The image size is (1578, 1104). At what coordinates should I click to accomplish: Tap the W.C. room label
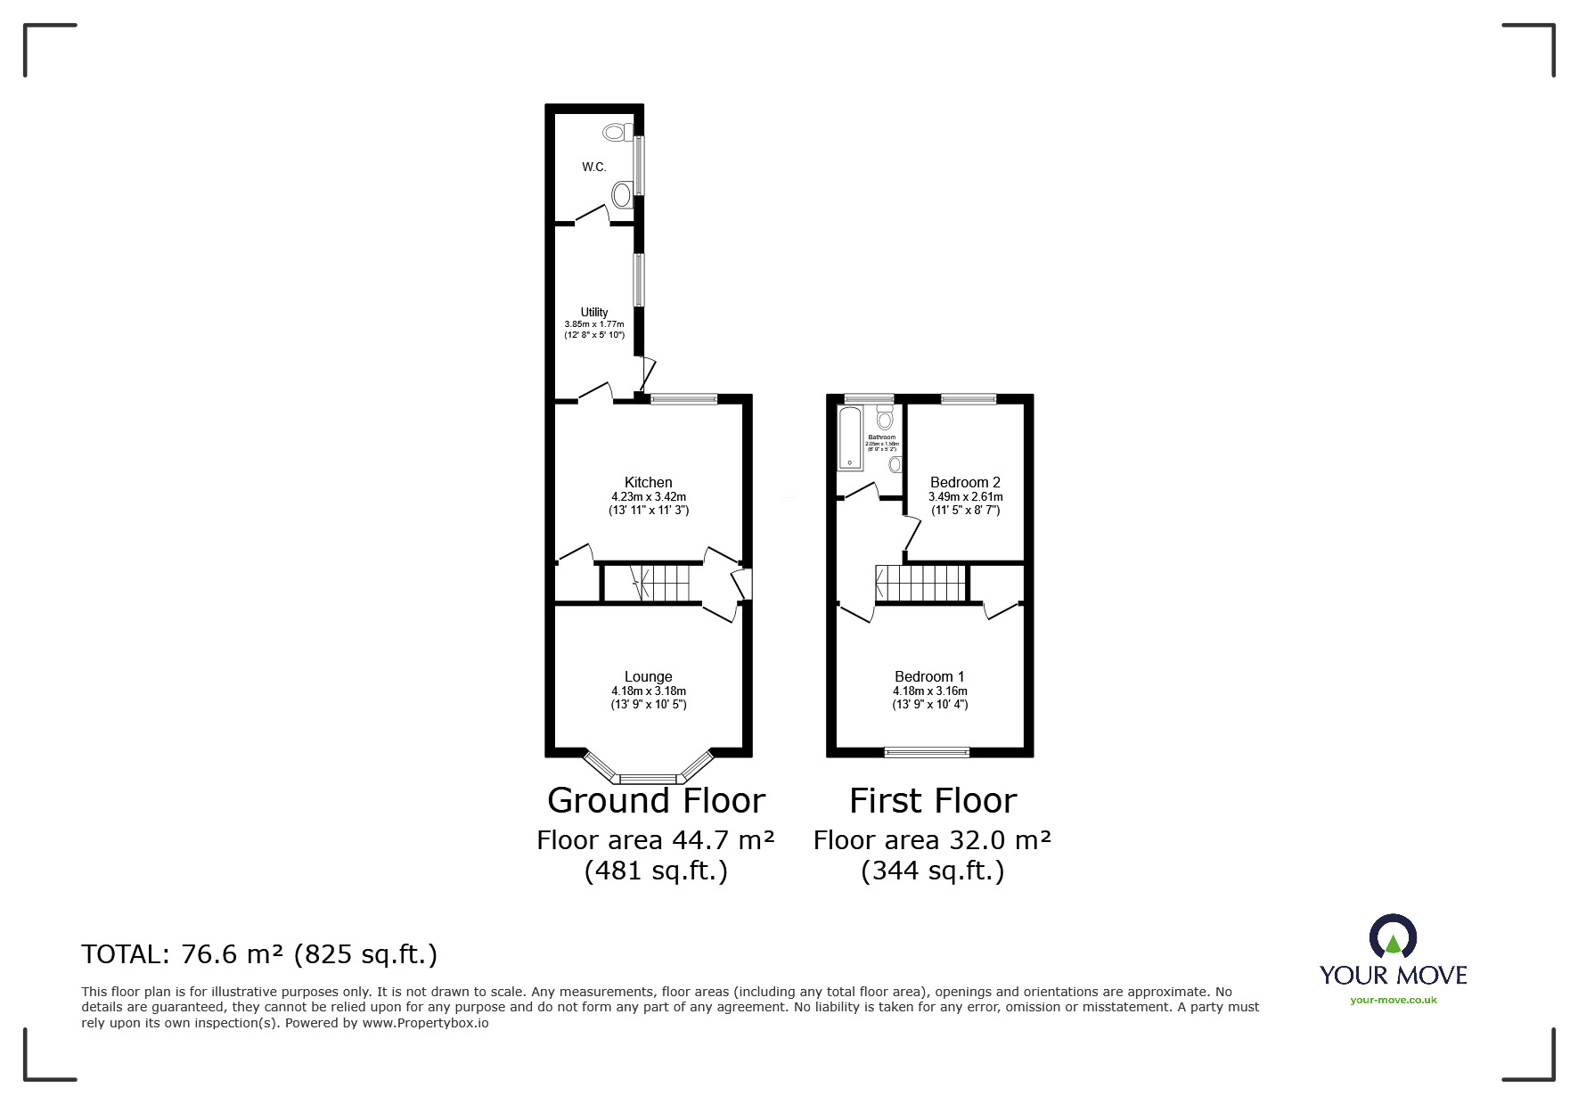coord(594,168)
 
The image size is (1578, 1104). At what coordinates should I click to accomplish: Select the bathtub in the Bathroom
coord(850,438)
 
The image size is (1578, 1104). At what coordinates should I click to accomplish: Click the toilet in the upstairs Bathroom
coord(885,417)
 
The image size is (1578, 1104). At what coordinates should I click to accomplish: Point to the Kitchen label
coord(648,483)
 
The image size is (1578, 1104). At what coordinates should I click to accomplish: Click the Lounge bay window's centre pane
coord(649,779)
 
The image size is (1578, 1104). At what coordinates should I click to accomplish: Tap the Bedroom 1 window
coord(927,752)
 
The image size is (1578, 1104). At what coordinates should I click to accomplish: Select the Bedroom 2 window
coord(969,399)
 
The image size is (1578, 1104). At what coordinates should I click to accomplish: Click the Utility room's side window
coord(639,280)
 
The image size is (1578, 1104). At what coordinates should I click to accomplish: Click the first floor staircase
coord(922,584)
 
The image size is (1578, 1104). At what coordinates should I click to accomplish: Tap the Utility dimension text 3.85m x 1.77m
coord(594,324)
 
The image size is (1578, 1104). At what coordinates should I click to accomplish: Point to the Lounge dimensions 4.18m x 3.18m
coord(649,691)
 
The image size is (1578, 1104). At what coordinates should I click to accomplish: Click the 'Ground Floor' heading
coord(656,801)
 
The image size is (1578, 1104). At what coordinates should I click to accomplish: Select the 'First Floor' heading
coord(932,801)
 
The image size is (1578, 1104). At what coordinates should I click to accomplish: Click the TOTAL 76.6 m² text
coord(259,954)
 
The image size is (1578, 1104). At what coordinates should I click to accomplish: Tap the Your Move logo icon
coord(1393,937)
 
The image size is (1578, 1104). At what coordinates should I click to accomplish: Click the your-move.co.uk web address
coord(1394,1000)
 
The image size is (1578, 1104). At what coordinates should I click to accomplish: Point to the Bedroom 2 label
coord(965,483)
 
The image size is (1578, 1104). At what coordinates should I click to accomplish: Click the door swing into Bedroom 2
coord(911,535)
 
